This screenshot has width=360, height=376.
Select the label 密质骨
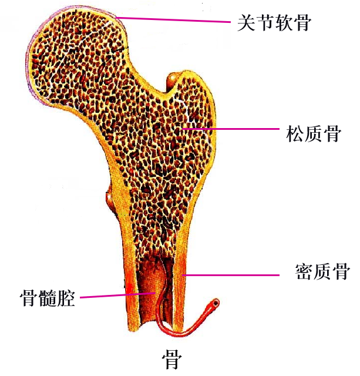pos(322,271)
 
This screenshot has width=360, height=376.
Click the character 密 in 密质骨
pos(304,271)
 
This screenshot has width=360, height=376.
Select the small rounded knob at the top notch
pos(174,80)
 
